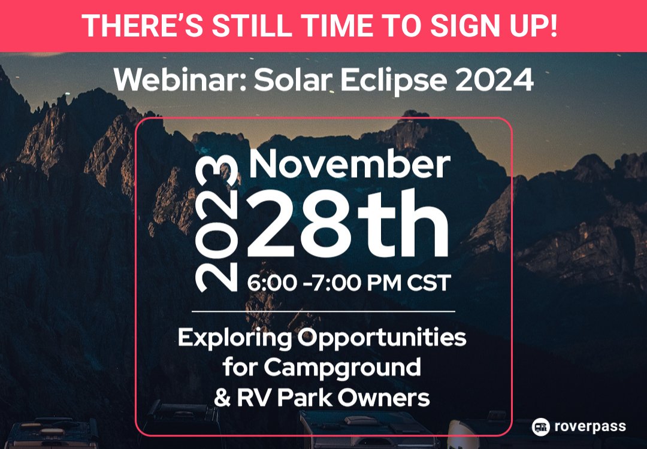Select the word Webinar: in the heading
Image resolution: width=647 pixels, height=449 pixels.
179,80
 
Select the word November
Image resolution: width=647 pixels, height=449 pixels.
349,163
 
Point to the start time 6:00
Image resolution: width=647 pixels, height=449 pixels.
271,283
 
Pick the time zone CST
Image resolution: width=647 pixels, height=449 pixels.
428,283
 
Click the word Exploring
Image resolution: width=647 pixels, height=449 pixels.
234,339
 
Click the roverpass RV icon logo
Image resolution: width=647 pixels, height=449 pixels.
541,427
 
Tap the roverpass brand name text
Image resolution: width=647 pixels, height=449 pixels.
589,427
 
